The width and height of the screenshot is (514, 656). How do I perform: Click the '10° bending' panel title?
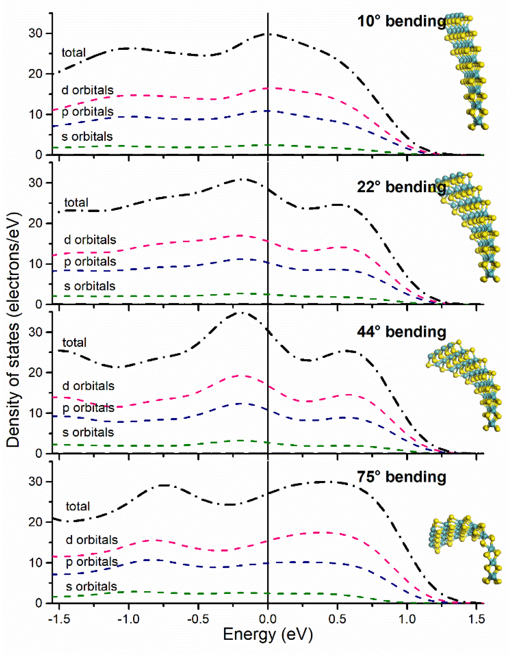click(401, 21)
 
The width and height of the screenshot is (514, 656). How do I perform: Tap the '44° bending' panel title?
click(401, 332)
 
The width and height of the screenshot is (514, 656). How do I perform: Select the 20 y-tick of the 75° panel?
click(35, 522)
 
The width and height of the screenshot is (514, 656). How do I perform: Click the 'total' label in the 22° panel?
click(77, 203)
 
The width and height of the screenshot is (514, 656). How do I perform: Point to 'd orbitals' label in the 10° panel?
click(87, 90)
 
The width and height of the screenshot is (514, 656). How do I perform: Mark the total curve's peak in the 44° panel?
click(242, 313)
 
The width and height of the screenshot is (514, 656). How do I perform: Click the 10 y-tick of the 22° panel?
click(35, 264)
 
